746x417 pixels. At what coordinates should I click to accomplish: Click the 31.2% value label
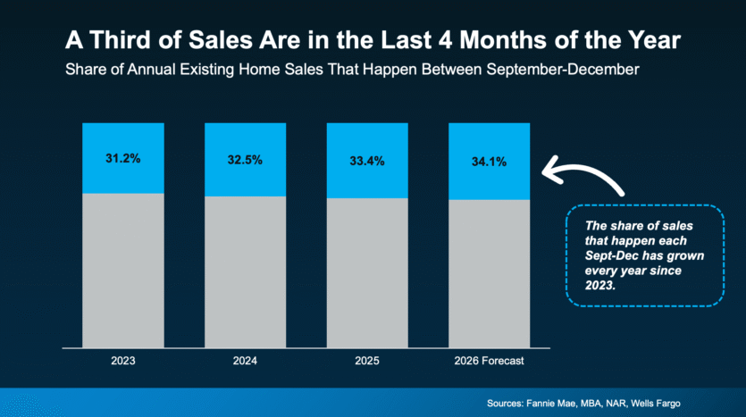click(x=122, y=158)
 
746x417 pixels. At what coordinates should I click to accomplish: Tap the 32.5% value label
click(x=245, y=160)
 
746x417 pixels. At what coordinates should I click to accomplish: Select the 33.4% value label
click(x=367, y=162)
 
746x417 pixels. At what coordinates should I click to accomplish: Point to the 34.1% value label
click(x=489, y=162)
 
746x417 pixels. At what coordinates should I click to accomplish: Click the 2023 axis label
click(x=122, y=361)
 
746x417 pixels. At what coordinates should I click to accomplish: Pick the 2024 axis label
click(x=245, y=361)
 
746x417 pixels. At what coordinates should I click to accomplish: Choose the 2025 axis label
click(x=367, y=361)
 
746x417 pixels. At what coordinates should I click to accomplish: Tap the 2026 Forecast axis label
click(x=489, y=361)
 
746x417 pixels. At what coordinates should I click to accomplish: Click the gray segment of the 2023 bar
click(x=123, y=271)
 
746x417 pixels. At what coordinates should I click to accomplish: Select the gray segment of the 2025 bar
click(x=367, y=273)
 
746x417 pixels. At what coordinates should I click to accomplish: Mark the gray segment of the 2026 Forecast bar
click(x=489, y=274)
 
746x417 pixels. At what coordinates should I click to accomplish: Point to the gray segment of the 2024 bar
click(x=246, y=272)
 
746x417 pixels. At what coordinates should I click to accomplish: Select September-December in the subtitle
click(x=562, y=70)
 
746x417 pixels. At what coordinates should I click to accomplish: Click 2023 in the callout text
click(x=600, y=285)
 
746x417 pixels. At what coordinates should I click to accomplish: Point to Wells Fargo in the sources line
click(x=656, y=404)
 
